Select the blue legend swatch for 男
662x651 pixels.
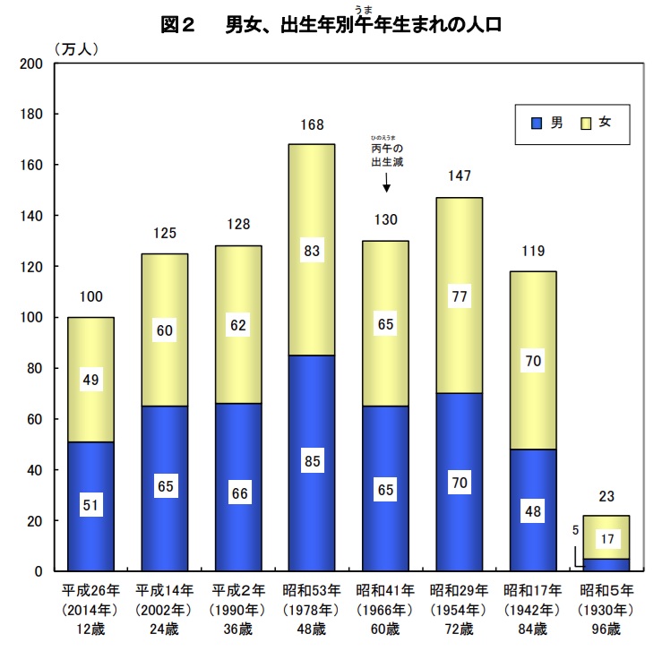tap(537, 123)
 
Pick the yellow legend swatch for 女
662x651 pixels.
tap(586, 123)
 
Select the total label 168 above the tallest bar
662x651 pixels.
tap(313, 124)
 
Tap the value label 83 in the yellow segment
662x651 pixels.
tap(313, 253)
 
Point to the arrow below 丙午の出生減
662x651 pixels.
tap(386, 183)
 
